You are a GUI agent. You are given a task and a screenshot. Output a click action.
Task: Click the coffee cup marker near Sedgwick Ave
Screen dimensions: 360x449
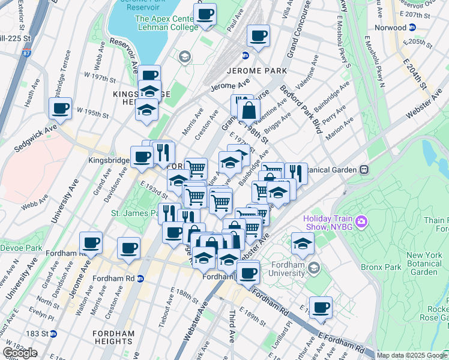coord(61,109)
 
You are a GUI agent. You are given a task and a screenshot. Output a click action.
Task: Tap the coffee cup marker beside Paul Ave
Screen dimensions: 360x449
coord(205,14)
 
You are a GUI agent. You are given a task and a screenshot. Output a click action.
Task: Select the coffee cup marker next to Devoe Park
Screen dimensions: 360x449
coord(91,242)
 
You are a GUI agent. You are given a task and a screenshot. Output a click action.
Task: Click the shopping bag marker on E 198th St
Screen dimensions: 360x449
coord(249,110)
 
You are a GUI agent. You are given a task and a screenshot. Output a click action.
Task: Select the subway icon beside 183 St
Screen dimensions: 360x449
coord(53,333)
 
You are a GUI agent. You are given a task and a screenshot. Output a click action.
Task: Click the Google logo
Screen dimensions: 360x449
coord(19,352)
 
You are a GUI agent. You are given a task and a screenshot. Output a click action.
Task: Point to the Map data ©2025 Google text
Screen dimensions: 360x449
coord(412,355)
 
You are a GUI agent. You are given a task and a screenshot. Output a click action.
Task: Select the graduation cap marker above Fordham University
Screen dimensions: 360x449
coord(302,243)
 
